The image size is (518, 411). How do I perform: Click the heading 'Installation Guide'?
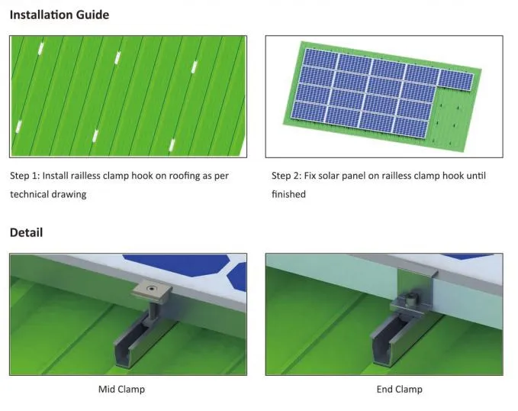click(x=59, y=15)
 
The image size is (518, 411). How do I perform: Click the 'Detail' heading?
click(x=26, y=232)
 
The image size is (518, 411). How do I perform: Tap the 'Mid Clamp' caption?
click(x=121, y=389)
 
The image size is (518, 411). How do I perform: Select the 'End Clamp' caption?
click(x=399, y=389)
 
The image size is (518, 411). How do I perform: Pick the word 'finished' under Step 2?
click(x=288, y=194)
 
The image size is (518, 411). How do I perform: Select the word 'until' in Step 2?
click(x=475, y=176)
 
